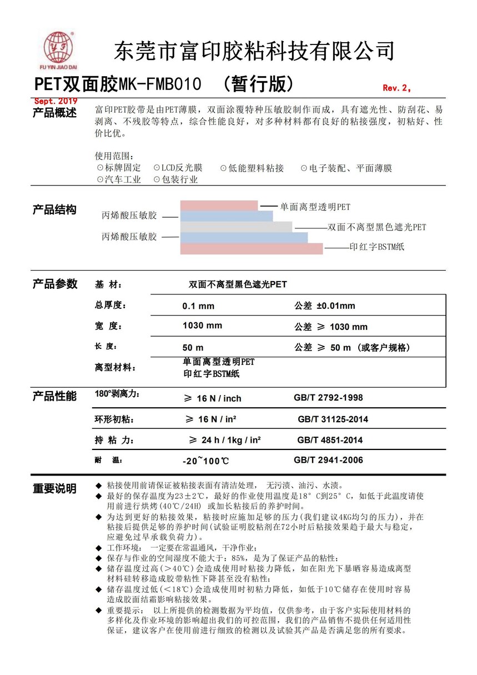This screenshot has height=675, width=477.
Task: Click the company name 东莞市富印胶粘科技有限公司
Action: coord(254,51)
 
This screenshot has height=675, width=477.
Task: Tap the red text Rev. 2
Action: coord(396,88)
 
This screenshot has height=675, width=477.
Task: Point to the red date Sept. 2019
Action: coord(56,101)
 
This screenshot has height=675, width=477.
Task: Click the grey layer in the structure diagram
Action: coord(236,227)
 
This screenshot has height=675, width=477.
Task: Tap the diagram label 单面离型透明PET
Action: coord(315,207)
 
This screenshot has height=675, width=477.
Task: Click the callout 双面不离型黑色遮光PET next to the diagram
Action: coord(377,227)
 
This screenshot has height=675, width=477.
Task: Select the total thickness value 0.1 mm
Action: coord(198,306)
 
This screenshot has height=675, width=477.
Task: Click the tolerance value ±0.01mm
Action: coord(335,306)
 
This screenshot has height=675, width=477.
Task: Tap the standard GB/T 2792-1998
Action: coord(328,398)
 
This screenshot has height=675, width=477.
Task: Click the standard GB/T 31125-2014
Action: coord(333,419)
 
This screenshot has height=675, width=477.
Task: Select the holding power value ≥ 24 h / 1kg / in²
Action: coord(225,440)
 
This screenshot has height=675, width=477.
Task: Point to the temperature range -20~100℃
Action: coord(205,461)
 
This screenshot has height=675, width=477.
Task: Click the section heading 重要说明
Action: coord(54,489)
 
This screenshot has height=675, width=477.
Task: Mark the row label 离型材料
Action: coord(116,368)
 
